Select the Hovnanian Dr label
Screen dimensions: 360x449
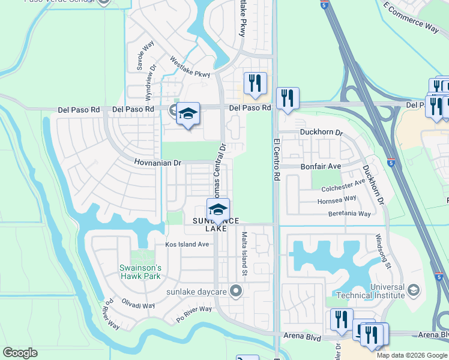pyautogui.click(x=157, y=163)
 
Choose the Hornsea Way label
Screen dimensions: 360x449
pyautogui.click(x=337, y=198)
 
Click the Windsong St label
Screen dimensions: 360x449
pyautogui.click(x=383, y=252)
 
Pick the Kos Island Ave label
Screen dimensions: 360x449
pyautogui.click(x=187, y=244)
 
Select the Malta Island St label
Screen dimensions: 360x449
pyautogui.click(x=244, y=254)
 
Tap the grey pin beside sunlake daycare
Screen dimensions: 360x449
pyautogui.click(x=236, y=292)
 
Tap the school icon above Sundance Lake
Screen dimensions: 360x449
pyautogui.click(x=218, y=209)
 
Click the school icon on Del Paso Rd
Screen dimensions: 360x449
pyautogui.click(x=188, y=113)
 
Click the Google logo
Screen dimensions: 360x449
pyautogui.click(x=20, y=353)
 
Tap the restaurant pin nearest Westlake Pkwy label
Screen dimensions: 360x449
pyautogui.click(x=255, y=83)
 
